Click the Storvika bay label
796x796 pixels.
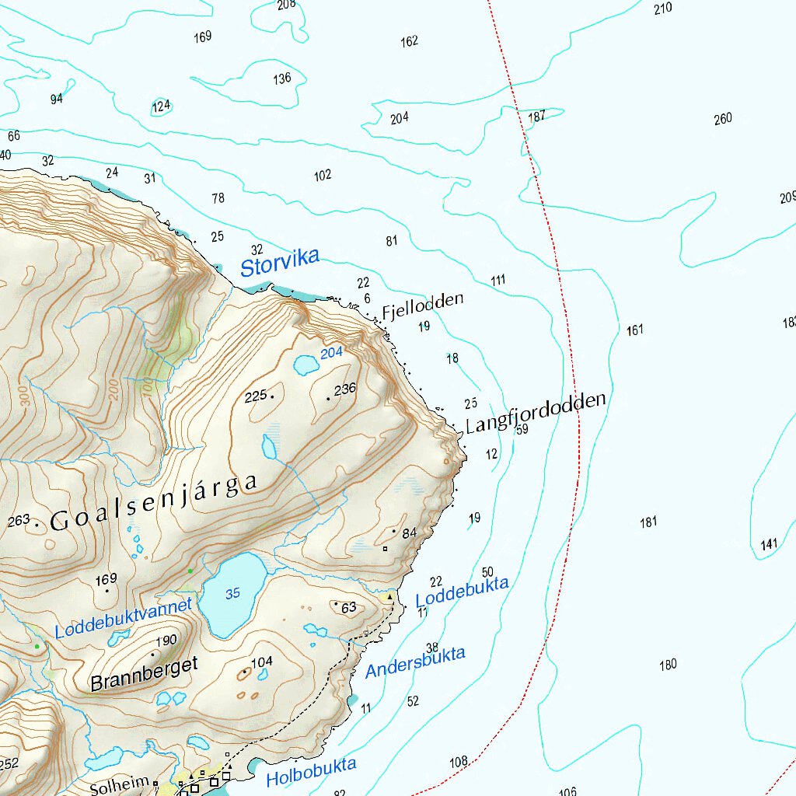(x=279, y=263)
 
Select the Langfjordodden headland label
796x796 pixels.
(x=535, y=413)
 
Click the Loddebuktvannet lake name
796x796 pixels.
(x=123, y=619)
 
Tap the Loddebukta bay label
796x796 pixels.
(x=462, y=592)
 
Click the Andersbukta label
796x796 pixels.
(x=415, y=662)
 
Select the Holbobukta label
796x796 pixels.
(x=311, y=772)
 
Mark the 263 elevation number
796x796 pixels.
(x=19, y=520)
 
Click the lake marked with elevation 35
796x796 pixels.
(x=232, y=594)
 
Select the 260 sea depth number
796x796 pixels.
(x=723, y=119)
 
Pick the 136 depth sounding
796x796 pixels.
(x=282, y=79)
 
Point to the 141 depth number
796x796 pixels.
(x=769, y=544)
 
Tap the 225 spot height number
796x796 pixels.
(x=255, y=397)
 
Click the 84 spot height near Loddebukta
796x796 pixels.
(x=410, y=532)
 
